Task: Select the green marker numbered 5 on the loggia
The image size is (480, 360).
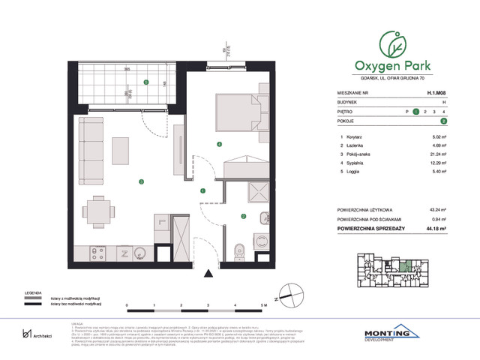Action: (146, 82)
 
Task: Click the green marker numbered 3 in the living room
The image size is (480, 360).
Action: (139, 181)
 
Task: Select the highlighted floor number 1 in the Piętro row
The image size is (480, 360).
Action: (415, 110)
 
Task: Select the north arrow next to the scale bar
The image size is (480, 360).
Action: (279, 298)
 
